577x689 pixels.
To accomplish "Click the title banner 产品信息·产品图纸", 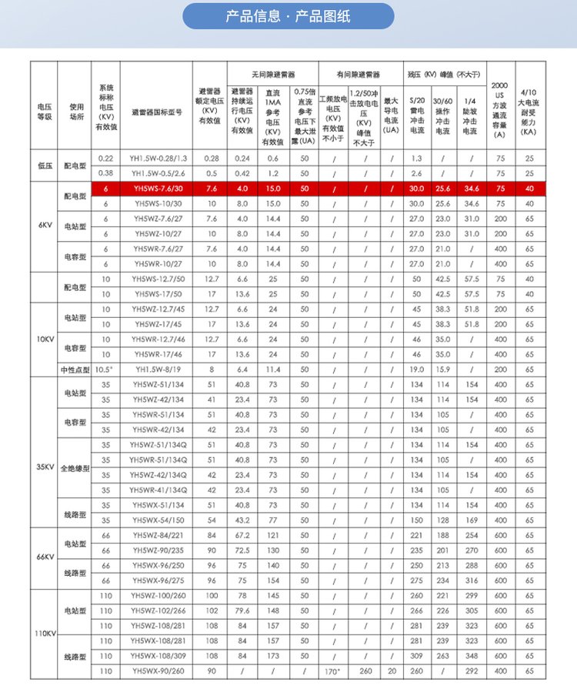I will (288, 16).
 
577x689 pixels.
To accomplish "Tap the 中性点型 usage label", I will (75, 370).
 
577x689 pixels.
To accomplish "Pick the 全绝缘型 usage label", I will (75, 467).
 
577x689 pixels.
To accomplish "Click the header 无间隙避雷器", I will (272, 75).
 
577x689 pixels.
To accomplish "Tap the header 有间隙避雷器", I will (359, 75).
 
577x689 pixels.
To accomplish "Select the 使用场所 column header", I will (75, 107).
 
